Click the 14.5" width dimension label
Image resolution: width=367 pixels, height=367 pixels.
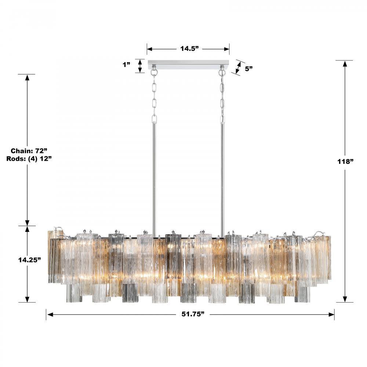[x=189, y=48]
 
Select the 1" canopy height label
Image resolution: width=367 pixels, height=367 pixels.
[x=127, y=65]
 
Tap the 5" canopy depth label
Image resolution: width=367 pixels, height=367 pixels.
[x=249, y=68]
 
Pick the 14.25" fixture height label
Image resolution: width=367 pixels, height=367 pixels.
[x=29, y=259]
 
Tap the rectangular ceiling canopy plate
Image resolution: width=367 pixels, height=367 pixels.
[x=188, y=65]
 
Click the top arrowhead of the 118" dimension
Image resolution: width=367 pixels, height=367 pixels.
[x=345, y=64]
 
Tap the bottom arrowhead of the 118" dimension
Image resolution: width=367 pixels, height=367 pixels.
[x=345, y=299]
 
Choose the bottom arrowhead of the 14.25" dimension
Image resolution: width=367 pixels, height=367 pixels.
[x=27, y=299]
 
